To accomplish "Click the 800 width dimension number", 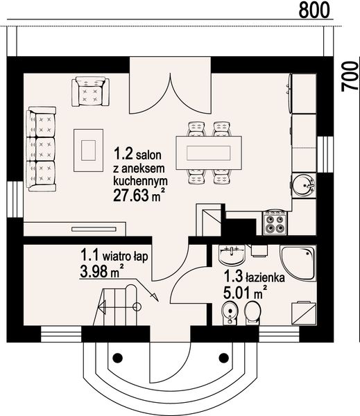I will pos(313,10).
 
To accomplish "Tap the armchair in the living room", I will pos(90,92).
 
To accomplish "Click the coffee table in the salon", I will pos(88,148).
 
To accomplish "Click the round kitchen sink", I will pos(303,184).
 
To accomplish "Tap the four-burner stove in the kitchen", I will pos(275,223).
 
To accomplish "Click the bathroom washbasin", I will pos(228,257).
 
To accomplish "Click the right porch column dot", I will pos(223,358).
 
